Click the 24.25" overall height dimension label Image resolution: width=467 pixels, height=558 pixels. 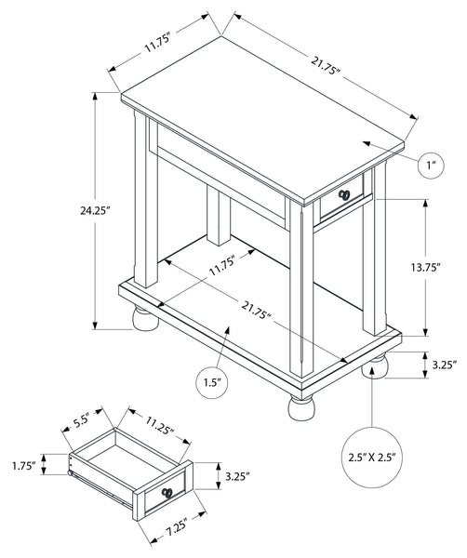click(x=94, y=211)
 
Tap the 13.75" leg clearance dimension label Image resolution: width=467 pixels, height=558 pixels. click(x=426, y=267)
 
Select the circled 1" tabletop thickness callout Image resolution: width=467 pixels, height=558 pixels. click(x=431, y=165)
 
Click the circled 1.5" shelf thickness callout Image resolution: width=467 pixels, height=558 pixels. click(x=212, y=382)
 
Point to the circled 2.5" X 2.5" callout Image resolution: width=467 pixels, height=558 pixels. click(x=372, y=457)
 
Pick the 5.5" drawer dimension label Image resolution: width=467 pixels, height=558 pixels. click(x=81, y=421)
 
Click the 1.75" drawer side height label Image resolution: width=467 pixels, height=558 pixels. click(x=24, y=466)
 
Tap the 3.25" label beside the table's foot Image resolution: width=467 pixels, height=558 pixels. click(x=445, y=365)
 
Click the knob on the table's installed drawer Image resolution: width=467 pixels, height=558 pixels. click(x=344, y=194)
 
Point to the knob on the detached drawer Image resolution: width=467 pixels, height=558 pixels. click(x=167, y=493)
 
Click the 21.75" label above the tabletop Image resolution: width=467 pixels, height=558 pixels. click(x=326, y=66)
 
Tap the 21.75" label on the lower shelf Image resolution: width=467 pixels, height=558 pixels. click(x=256, y=310)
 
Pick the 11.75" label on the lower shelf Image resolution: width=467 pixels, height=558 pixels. click(x=222, y=265)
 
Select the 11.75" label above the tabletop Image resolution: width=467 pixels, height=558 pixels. click(x=158, y=42)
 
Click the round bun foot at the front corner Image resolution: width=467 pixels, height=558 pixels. click(x=301, y=407)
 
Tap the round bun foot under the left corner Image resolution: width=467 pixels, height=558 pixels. click(x=145, y=318)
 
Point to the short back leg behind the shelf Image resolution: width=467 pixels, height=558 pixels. click(x=219, y=216)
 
